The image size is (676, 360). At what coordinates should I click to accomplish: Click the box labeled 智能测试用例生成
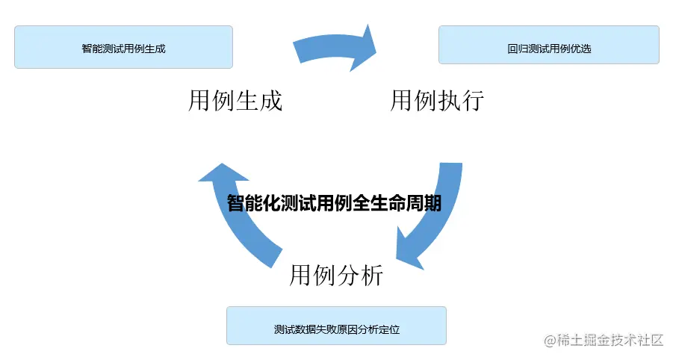123,48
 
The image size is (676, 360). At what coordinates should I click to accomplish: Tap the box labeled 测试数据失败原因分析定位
336,326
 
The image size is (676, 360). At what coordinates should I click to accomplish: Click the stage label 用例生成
235,100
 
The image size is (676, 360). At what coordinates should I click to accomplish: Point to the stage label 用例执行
437,100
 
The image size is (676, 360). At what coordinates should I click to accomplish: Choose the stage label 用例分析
336,276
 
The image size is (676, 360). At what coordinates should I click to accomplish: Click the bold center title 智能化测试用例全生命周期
334,203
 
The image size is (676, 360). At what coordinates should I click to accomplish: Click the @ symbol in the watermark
551,341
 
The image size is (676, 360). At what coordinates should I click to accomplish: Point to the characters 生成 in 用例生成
259,100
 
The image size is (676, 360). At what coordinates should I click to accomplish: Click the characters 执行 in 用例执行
461,100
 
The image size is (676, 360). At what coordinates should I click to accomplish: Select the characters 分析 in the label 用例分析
360,276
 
